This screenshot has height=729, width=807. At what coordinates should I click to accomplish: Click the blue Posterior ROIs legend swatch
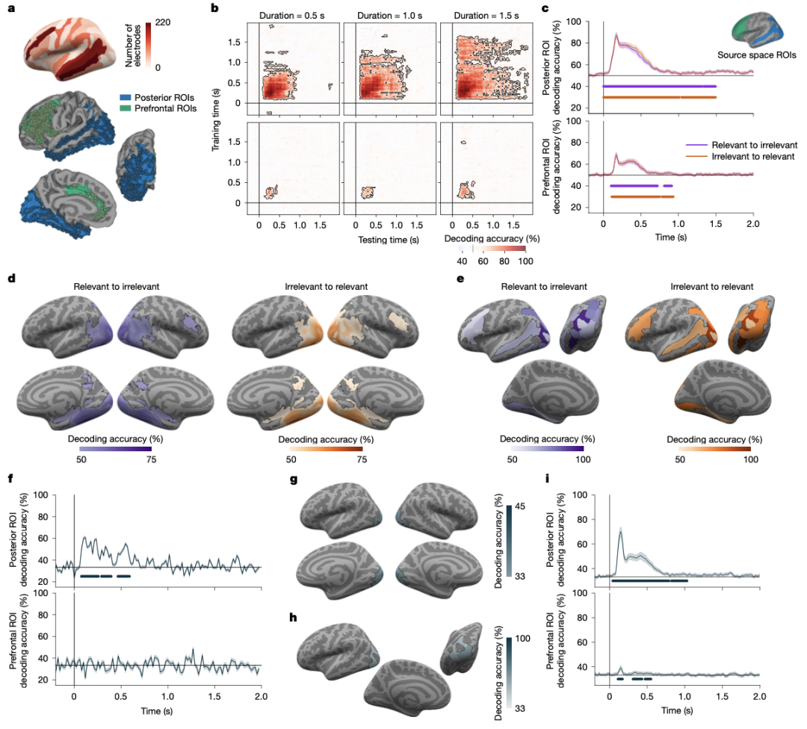tap(125, 97)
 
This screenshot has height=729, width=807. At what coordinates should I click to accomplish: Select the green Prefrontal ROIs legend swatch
tap(125, 108)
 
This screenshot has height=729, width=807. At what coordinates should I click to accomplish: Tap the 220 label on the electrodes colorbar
tap(163, 23)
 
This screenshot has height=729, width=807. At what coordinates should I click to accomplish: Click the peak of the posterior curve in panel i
tap(621, 529)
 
